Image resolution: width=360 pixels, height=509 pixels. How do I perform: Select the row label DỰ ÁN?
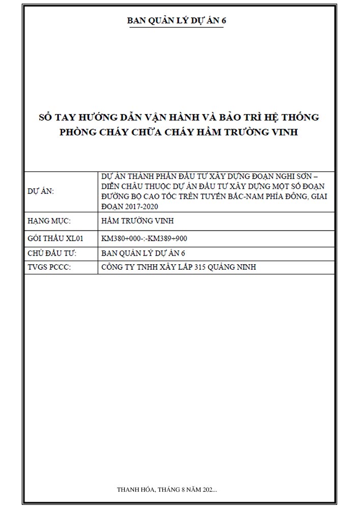pyautogui.click(x=40, y=191)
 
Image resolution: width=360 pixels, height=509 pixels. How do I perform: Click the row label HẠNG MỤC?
pyautogui.click(x=48, y=221)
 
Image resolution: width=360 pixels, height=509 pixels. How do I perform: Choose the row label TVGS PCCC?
pyautogui.click(x=48, y=267)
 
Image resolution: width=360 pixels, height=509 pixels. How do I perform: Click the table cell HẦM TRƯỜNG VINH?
pyautogui.click(x=138, y=221)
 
